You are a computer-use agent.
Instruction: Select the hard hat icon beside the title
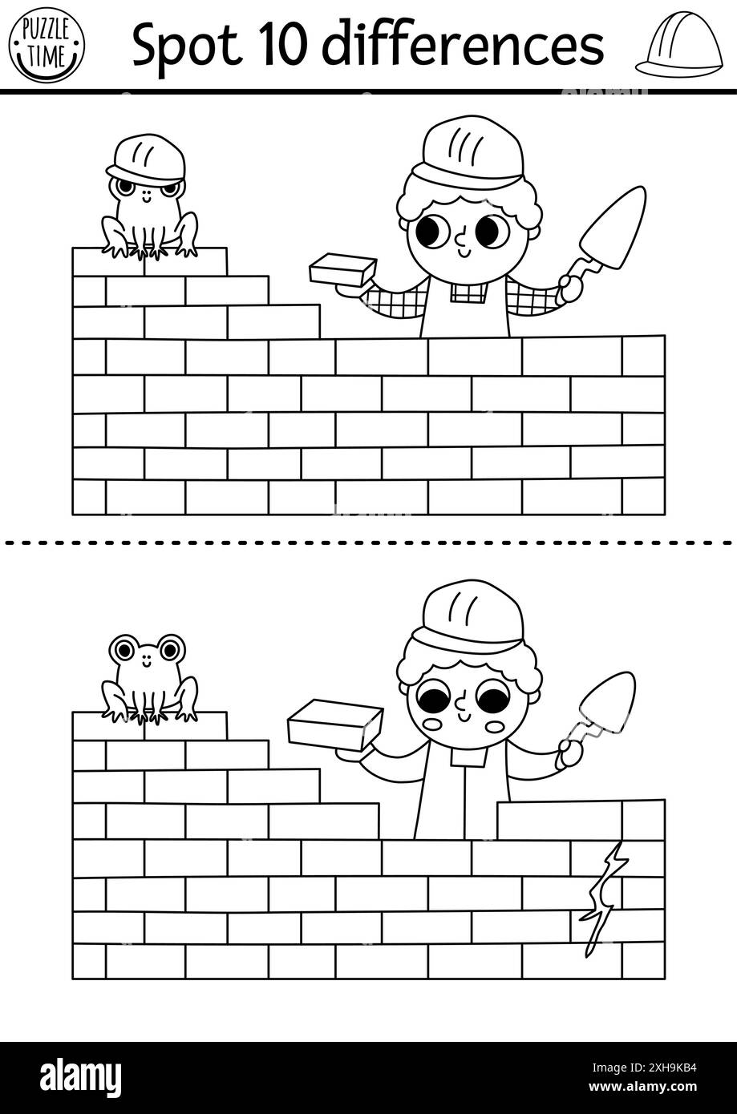pyautogui.click(x=675, y=46)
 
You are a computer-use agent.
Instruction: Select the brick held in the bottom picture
pyautogui.click(x=334, y=725)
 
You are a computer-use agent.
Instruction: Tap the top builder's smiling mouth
pyautogui.click(x=464, y=252)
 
